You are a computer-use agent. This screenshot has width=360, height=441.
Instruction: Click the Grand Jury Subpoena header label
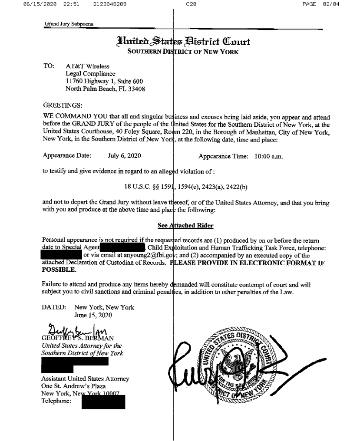[69, 23]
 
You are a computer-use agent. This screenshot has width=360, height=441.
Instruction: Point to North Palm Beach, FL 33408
[105, 89]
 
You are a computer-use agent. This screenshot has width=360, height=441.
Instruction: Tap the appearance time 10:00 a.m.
[269, 156]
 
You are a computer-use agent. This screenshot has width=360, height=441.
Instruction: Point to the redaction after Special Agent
[123, 248]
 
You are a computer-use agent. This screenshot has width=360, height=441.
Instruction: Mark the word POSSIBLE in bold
[59, 269]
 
